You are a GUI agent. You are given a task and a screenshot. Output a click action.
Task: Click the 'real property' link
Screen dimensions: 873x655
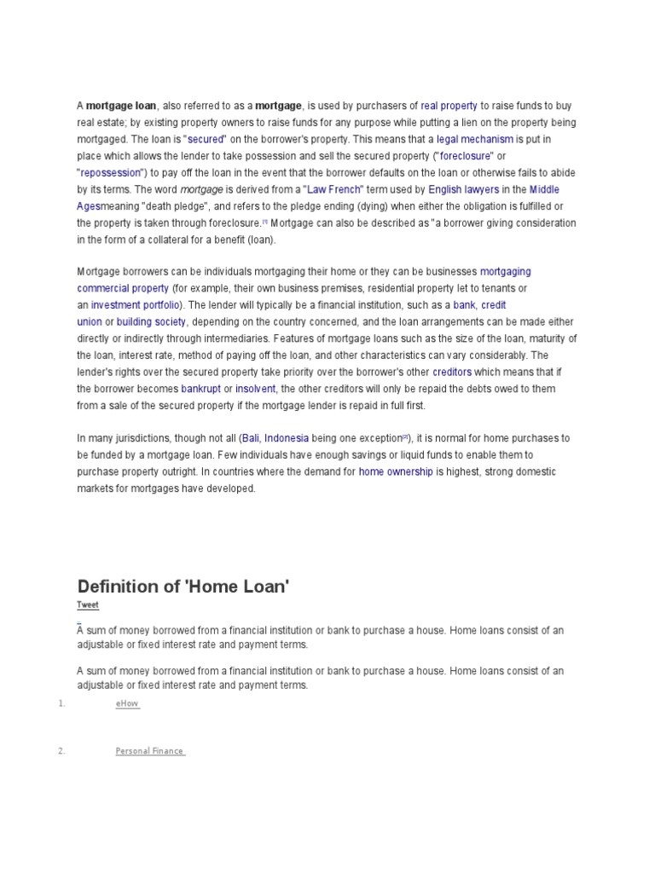[449, 106]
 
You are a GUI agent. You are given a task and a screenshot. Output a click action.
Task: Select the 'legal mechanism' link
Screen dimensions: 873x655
[475, 139]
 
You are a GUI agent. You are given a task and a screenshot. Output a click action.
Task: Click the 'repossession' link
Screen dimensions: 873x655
[114, 172]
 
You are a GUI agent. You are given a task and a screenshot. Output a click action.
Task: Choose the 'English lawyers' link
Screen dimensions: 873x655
[463, 189]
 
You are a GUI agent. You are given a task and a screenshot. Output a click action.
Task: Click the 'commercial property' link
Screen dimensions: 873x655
[123, 288]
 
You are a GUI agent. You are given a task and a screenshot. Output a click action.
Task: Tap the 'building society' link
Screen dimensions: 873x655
[151, 321]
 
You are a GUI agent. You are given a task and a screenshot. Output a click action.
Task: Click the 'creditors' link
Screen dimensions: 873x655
[452, 372]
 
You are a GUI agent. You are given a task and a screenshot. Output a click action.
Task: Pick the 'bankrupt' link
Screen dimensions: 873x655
[200, 388]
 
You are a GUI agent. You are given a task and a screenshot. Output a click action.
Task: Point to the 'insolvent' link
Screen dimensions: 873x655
[255, 388]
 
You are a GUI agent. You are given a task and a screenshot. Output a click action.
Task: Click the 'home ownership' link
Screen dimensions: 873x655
[396, 471]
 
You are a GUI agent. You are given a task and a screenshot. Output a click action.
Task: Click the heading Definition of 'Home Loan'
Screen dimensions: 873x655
[183, 587]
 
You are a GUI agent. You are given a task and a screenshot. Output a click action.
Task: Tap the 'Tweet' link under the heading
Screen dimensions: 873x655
[88, 605]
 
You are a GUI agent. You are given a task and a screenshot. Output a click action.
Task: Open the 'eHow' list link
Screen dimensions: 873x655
[127, 704]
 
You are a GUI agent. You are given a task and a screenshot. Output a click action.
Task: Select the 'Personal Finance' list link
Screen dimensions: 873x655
[149, 751]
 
